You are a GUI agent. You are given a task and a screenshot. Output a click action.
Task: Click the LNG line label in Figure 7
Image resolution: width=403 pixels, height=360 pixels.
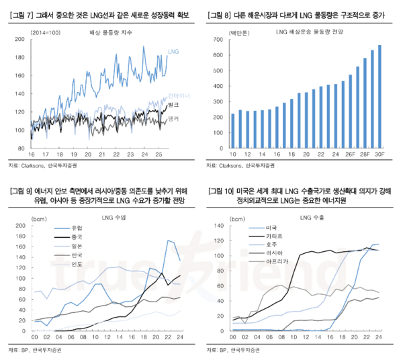pos(173,51)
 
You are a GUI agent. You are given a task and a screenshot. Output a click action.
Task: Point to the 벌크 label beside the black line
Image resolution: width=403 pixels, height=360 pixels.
pos(173,106)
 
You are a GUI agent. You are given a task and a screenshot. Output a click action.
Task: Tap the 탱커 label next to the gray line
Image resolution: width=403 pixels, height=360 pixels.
pos(173,119)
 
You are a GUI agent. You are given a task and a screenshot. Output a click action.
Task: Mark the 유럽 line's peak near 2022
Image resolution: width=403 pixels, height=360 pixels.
pos(169,240)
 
